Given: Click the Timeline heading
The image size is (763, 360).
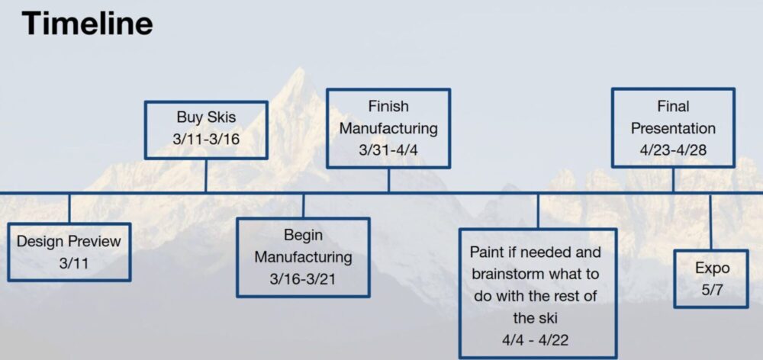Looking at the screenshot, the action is [x=87, y=24].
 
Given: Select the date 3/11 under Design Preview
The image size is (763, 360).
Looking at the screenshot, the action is [x=69, y=263].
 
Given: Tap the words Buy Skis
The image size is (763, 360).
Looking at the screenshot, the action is [x=206, y=117].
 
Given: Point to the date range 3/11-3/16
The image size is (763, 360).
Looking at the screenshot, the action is [x=206, y=139].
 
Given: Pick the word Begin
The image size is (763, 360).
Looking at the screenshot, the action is [x=303, y=236].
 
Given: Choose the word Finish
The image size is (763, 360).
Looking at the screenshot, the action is [x=388, y=106].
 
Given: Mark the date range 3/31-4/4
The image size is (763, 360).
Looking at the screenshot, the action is [x=388, y=149].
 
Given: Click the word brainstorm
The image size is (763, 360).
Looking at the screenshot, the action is [x=507, y=273].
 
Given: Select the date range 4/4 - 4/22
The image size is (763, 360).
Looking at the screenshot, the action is [x=535, y=339].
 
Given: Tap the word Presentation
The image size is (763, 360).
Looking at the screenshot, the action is [x=673, y=128].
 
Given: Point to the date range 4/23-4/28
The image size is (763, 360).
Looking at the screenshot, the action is [x=673, y=149].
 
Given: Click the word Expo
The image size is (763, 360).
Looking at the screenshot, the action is [x=712, y=268].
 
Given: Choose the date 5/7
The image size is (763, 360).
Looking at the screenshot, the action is [x=712, y=290].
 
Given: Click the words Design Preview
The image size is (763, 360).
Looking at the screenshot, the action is [x=69, y=241].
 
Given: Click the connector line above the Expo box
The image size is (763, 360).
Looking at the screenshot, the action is [x=710, y=222].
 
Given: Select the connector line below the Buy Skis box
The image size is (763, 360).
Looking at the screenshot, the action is [x=206, y=175].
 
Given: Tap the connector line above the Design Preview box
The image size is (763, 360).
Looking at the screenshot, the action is [x=69, y=209].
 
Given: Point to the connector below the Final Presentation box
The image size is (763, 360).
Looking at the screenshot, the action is [x=673, y=180].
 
